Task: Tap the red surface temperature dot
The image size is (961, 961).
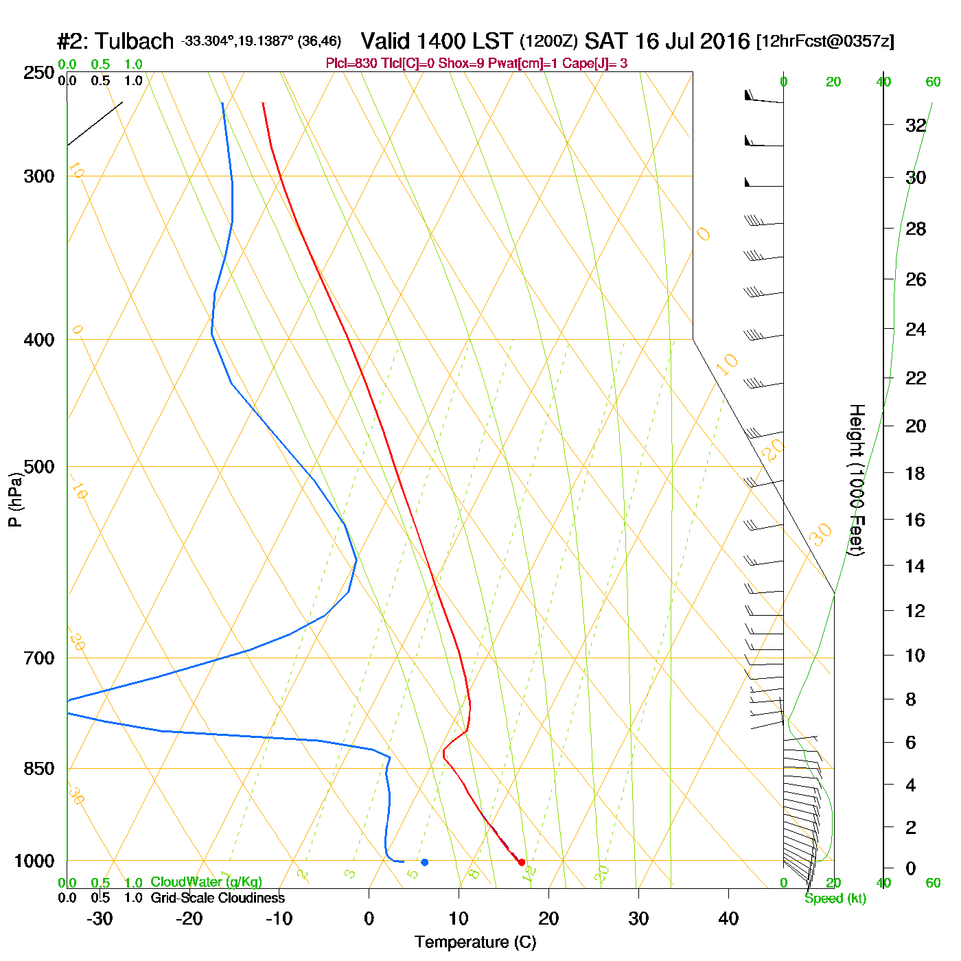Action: (x=522, y=862)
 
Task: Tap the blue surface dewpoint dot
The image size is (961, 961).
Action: (x=424, y=862)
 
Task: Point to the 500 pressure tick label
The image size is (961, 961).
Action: (x=39, y=467)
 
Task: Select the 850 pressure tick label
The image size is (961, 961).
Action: (x=39, y=769)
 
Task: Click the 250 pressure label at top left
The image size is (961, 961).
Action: (x=39, y=73)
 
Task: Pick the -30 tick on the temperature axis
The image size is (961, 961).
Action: (x=100, y=918)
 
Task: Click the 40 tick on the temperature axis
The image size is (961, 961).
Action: (x=728, y=918)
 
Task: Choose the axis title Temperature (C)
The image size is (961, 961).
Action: (x=475, y=942)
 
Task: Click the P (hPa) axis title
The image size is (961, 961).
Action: (x=15, y=499)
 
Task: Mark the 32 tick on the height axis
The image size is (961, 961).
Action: (x=916, y=126)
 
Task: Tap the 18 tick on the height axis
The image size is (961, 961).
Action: (x=916, y=473)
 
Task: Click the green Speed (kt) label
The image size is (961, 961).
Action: (x=835, y=899)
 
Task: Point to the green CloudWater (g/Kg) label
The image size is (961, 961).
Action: (x=206, y=882)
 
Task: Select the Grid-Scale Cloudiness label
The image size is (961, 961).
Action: (x=218, y=898)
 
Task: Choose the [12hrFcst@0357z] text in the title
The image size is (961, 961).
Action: (x=825, y=41)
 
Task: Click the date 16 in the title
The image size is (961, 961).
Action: (x=646, y=41)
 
